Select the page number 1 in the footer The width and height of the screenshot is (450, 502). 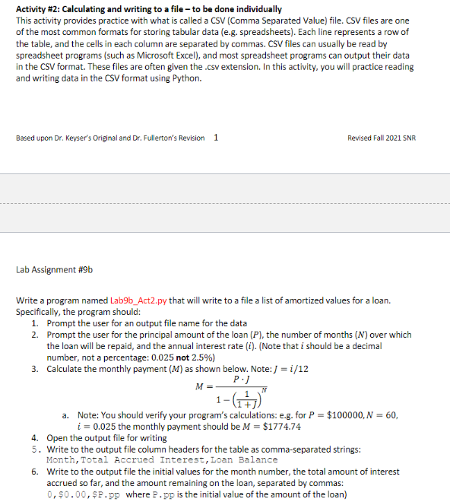(217, 138)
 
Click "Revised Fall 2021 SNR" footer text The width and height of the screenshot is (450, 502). (381, 138)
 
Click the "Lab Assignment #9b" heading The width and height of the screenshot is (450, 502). (54, 269)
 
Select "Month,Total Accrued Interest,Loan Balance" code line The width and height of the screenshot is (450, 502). (161, 459)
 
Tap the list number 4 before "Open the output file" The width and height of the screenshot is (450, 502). (35, 438)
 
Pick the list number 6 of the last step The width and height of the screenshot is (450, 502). (35, 471)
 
